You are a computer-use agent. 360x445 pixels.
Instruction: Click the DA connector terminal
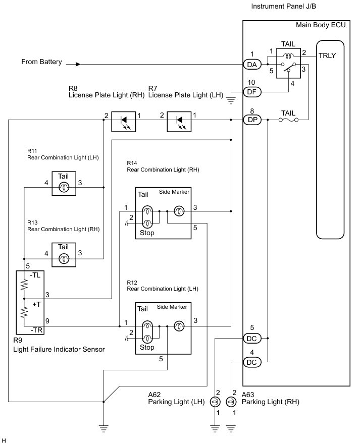click(252, 65)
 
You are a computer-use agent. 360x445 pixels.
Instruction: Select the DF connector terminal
click(252, 92)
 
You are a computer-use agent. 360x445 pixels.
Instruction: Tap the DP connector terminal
click(252, 120)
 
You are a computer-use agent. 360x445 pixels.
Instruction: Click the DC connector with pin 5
click(252, 338)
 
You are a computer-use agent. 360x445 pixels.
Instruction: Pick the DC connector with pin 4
click(252, 362)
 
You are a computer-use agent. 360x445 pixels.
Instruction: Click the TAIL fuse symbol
click(288, 120)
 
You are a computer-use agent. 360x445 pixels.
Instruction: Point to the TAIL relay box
click(288, 63)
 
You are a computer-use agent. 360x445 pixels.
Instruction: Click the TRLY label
click(327, 55)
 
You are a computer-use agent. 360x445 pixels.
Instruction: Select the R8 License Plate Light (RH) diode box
click(124, 122)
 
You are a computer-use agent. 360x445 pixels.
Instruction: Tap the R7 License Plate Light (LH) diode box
click(179, 122)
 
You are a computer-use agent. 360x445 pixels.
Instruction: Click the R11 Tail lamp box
click(64, 183)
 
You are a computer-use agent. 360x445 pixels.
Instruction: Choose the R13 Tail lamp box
click(64, 255)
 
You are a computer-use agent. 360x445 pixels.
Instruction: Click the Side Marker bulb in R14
click(179, 211)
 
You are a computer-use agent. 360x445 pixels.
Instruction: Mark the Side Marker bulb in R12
click(179, 326)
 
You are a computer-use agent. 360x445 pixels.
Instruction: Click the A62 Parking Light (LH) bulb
click(215, 402)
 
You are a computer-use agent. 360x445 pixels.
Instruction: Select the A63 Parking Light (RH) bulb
click(231, 402)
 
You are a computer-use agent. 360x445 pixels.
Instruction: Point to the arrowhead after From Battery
click(78, 65)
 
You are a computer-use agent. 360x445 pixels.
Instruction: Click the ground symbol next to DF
click(231, 100)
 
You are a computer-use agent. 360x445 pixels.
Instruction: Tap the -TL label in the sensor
click(35, 275)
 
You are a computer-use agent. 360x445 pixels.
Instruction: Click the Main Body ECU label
click(321, 25)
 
